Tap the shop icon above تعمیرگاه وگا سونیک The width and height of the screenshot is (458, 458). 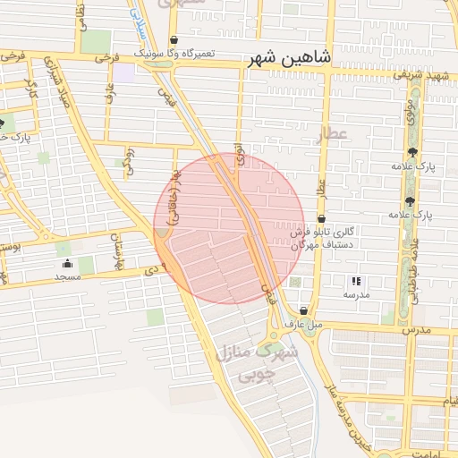173,40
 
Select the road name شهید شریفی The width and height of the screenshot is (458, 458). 426,76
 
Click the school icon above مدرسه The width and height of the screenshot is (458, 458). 356,281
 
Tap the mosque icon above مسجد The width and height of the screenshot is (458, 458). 68,264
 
